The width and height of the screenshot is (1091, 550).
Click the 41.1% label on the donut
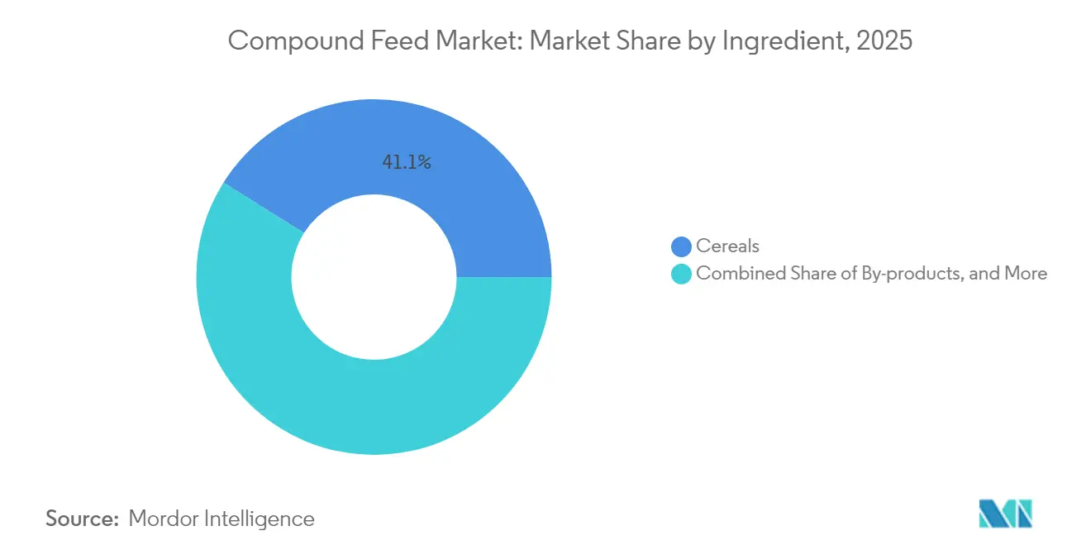(406, 163)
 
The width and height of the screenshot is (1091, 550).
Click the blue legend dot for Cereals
(681, 246)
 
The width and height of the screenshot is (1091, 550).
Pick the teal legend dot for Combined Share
(681, 274)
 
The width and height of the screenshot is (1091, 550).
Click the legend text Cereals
(727, 246)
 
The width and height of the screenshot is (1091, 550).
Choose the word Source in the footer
(81, 519)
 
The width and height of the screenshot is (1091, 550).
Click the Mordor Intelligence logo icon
(1006, 513)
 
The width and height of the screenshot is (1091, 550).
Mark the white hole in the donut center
(374, 277)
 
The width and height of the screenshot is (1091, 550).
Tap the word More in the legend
(1026, 274)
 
